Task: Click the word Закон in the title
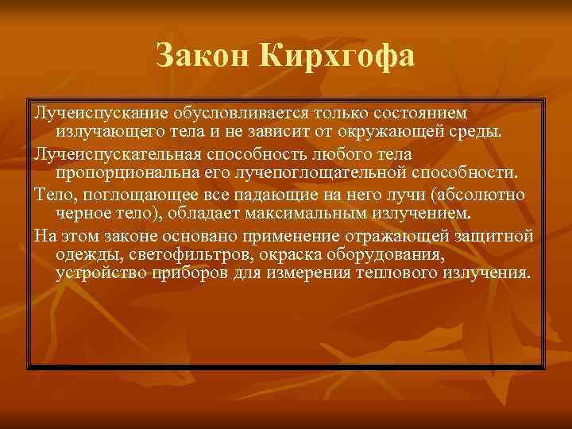pos(203,56)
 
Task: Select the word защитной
pos(499,235)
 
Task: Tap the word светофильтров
pos(177,254)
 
